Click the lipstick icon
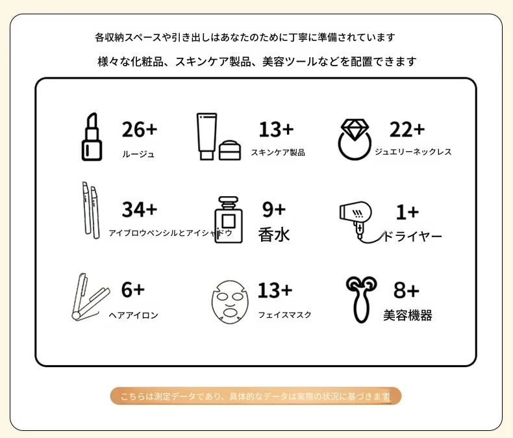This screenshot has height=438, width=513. tap(92, 136)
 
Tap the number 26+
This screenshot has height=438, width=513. tap(140, 129)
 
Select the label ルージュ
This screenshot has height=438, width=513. tap(138, 154)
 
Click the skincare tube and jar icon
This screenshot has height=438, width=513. tap(219, 136)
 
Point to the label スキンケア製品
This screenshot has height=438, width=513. tap(278, 152)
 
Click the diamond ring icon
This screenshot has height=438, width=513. tap(355, 139)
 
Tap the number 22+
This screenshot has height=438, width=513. tap(407, 129)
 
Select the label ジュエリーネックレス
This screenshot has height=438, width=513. tap(413, 151)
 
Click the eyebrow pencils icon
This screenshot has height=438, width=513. tap(91, 210)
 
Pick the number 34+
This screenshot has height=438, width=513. tap(140, 209)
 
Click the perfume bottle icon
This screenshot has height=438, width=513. tap(229, 220)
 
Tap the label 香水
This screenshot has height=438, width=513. tap(274, 235)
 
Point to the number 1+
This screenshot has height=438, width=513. tap(407, 212)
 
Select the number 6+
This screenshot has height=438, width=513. tap(133, 290)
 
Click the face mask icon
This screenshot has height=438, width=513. tap(230, 302)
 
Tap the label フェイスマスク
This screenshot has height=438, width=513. tap(284, 315)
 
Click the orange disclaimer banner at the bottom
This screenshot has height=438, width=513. tap(255, 396)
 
